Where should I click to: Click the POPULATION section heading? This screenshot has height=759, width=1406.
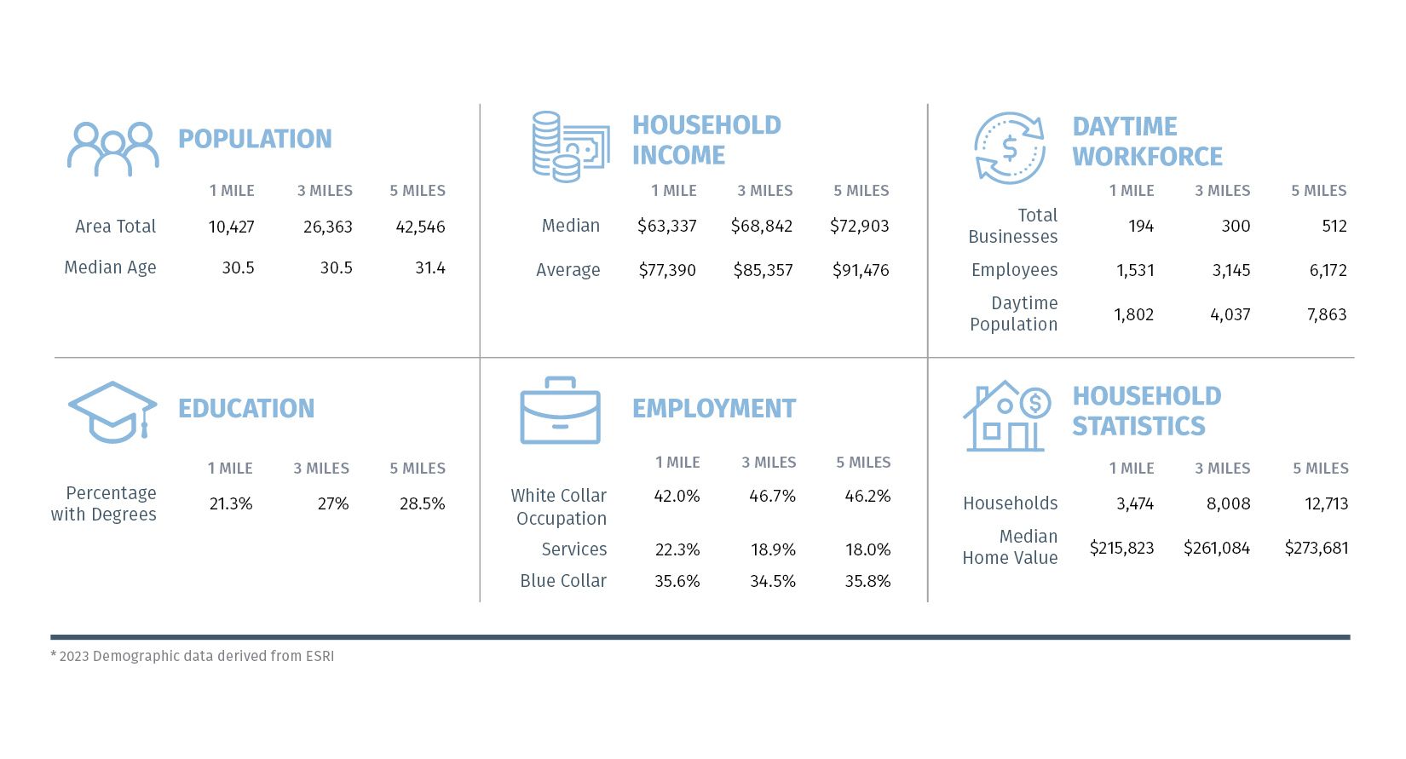pos(255,139)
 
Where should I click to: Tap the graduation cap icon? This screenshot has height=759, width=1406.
pos(112,412)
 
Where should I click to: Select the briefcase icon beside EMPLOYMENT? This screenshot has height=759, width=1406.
pos(560,411)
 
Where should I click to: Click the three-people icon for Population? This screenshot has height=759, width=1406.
pos(113,149)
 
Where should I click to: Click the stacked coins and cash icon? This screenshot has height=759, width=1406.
pos(569,147)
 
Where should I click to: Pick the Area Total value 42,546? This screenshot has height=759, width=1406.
pos(420,227)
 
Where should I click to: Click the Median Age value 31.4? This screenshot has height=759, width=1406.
pos(429,268)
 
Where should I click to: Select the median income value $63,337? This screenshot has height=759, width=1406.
pos(666,227)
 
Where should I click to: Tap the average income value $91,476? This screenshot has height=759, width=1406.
pos(860,271)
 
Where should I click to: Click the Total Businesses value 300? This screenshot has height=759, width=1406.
pos(1235,227)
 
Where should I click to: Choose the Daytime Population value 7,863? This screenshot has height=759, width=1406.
pos(1326,315)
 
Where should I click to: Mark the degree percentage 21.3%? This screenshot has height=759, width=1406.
pos(231,504)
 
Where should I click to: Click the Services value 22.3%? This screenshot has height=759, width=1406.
pos(677,550)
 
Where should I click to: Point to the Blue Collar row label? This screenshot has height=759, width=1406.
pos(562,581)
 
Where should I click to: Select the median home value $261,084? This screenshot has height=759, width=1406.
pos(1216,549)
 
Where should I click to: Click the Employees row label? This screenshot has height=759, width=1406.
pos(1014,270)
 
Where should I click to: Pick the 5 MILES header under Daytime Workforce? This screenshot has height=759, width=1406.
pos(1318,191)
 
